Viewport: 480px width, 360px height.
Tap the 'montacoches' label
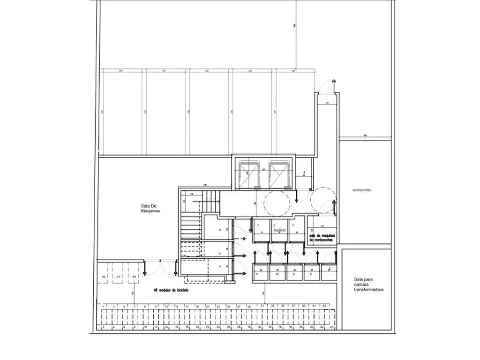coord(364,190)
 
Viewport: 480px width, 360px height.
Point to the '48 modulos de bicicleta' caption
coord(173,290)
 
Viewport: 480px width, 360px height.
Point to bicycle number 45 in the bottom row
coord(332,327)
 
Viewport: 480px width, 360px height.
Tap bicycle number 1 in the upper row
coord(103,306)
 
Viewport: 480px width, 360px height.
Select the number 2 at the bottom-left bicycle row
coord(103,327)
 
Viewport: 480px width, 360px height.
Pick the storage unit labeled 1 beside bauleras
coord(258,225)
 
